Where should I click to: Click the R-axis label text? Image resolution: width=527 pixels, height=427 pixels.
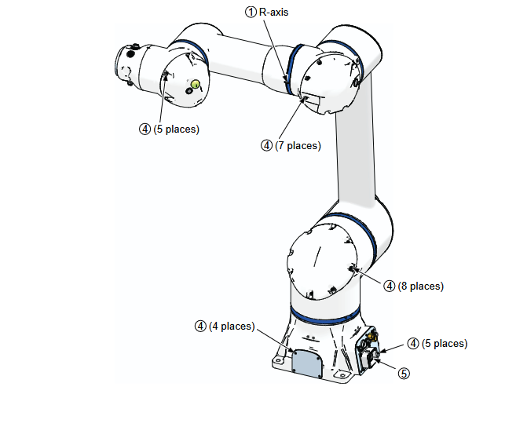(x=273, y=13)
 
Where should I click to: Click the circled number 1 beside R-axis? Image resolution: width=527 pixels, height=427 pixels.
(x=251, y=13)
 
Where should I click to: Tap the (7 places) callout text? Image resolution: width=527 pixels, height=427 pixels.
(x=298, y=146)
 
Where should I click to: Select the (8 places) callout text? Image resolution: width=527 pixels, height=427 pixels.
(x=421, y=286)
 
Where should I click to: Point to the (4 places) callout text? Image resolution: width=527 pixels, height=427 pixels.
(x=232, y=327)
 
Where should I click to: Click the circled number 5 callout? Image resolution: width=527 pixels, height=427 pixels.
(x=404, y=374)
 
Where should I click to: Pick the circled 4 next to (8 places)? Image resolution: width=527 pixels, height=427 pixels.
(x=390, y=286)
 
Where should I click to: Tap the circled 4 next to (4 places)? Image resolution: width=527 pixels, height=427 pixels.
(x=200, y=327)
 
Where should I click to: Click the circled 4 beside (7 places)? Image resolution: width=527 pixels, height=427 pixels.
(x=266, y=146)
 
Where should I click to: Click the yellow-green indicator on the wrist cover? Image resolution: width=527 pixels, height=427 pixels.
(x=196, y=84)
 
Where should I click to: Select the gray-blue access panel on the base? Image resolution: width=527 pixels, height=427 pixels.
(x=307, y=364)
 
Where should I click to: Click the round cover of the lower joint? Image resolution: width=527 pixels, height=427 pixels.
(x=322, y=261)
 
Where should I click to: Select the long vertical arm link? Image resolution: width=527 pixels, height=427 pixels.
(x=355, y=141)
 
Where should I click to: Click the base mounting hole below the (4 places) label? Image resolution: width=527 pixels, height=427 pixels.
(x=277, y=360)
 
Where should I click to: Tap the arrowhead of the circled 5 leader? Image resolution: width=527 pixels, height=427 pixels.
(x=376, y=360)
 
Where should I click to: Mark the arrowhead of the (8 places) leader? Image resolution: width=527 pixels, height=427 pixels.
(x=352, y=268)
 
